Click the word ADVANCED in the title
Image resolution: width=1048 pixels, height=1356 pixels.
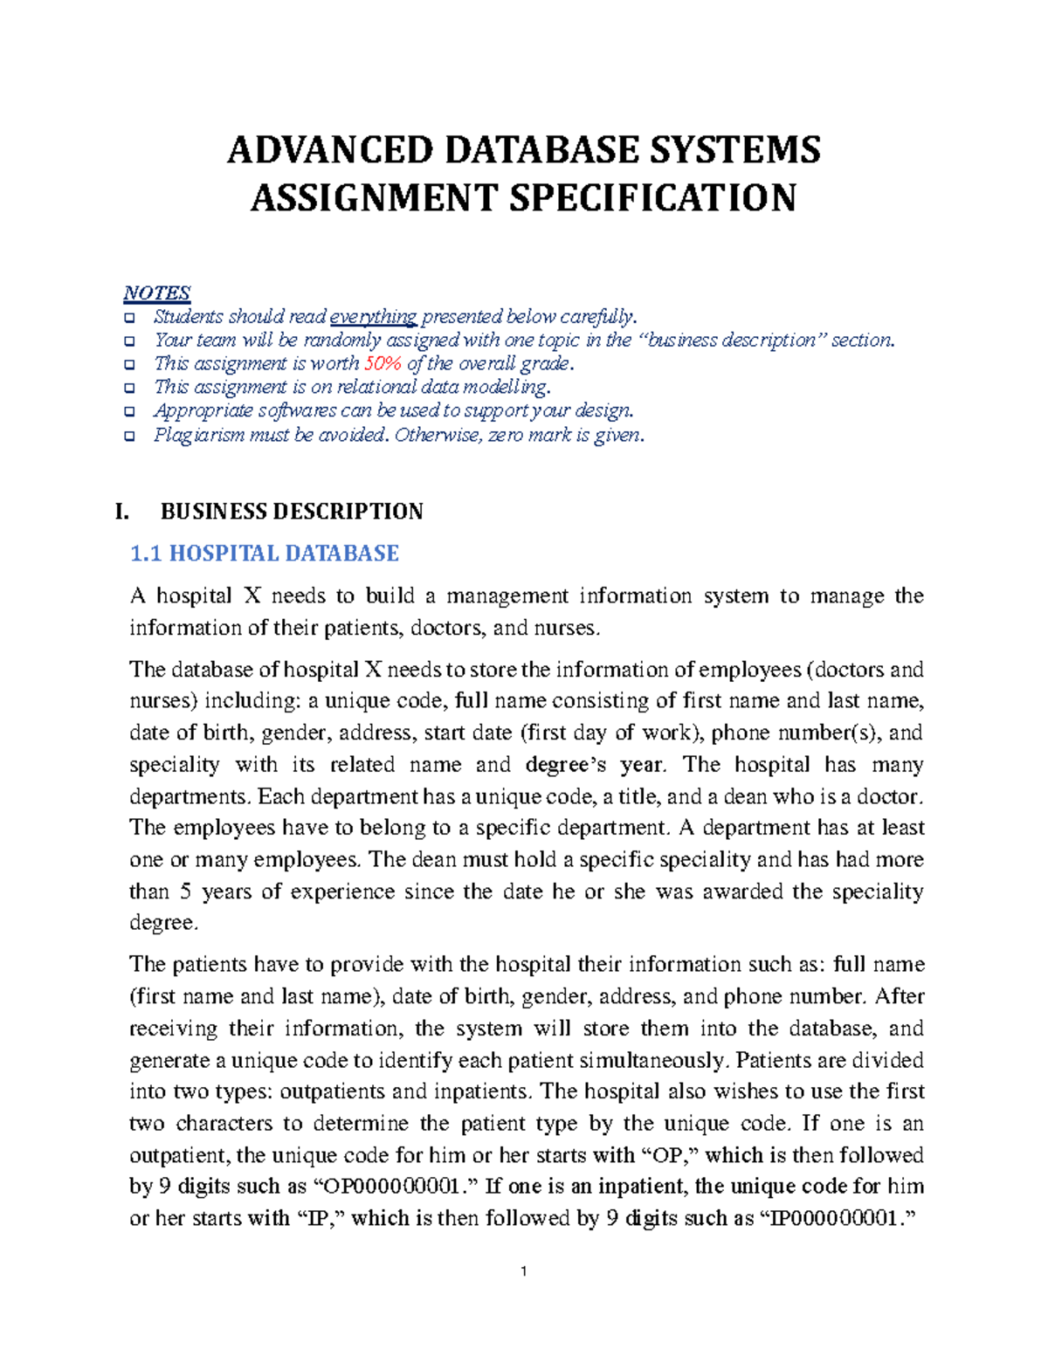(329, 150)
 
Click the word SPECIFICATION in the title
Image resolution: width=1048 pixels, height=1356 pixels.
(652, 198)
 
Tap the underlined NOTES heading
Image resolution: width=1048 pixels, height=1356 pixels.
(156, 293)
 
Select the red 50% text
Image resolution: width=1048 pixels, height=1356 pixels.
(383, 363)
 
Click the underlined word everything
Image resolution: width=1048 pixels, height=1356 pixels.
(374, 316)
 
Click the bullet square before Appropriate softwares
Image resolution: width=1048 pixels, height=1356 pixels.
(129, 411)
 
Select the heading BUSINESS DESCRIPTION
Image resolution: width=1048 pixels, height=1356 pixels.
(292, 512)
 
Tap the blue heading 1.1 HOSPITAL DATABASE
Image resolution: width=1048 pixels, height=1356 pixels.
(264, 554)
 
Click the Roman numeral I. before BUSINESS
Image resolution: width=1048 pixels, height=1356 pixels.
(122, 512)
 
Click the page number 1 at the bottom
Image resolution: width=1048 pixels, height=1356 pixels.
(523, 1271)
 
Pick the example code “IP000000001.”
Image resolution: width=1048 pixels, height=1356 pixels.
(838, 1218)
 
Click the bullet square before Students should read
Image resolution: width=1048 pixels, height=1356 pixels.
(129, 317)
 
